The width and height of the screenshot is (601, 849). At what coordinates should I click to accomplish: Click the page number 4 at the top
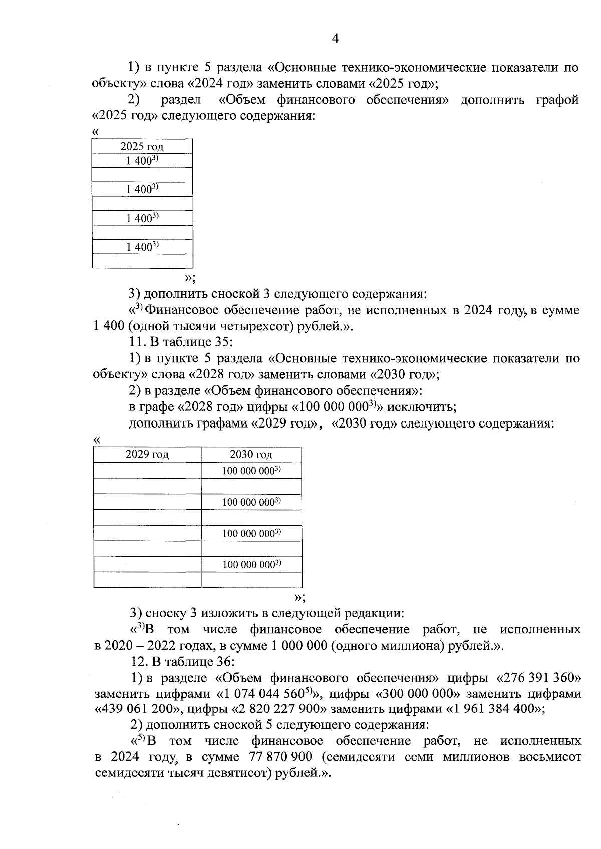tap(335, 39)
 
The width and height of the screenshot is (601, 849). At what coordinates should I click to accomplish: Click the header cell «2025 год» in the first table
tap(142, 147)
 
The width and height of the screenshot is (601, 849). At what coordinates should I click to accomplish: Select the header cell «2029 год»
tap(147, 455)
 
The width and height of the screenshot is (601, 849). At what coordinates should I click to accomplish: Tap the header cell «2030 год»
tap(251, 455)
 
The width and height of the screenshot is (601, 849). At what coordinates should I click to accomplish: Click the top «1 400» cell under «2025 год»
tap(142, 161)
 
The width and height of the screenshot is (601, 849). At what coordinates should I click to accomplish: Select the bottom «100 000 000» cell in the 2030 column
tap(251, 565)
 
